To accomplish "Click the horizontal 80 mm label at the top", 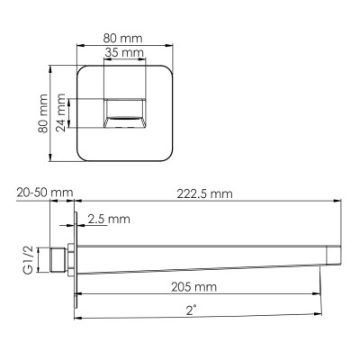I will (123, 38).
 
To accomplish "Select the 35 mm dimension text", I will (123, 54).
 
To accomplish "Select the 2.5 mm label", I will (109, 219).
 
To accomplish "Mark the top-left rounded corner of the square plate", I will (80, 71).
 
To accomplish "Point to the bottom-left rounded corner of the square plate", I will (80, 157).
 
